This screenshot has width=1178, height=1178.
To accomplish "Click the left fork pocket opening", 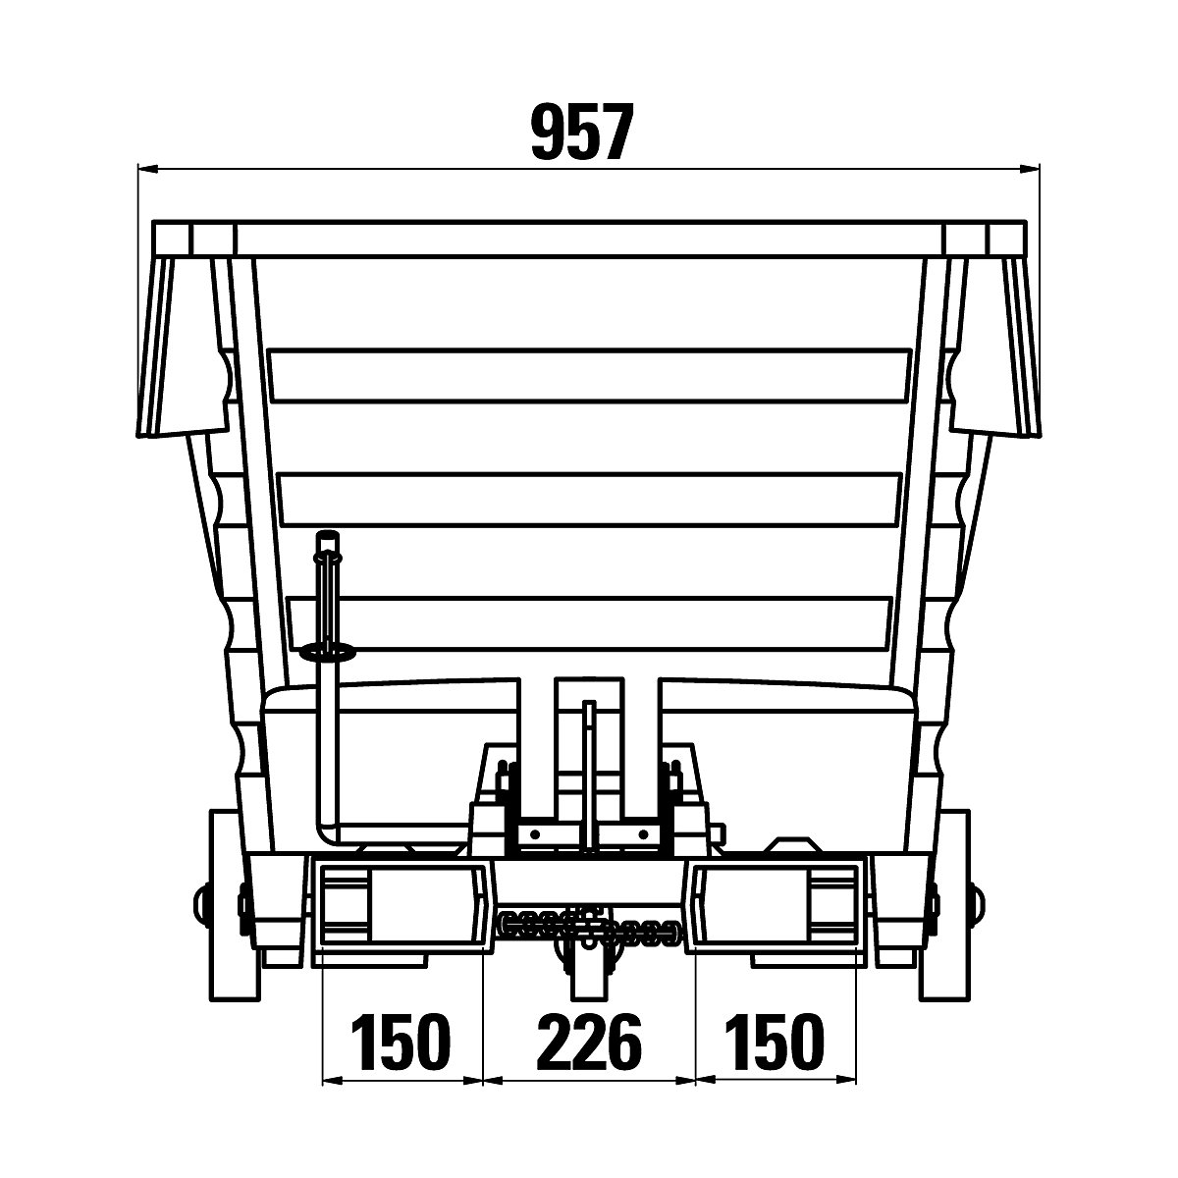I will click(x=401, y=908).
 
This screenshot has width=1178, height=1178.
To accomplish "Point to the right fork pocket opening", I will click(x=776, y=908).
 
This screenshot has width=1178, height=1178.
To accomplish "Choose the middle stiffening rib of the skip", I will click(x=589, y=499).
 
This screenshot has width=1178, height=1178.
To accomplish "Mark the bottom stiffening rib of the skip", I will click(x=589, y=621).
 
